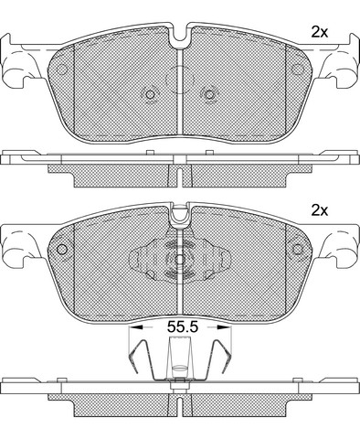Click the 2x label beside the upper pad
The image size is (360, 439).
319,32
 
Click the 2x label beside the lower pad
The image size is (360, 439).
319,210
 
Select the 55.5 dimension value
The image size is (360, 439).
183,327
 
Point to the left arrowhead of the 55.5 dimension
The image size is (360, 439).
135,327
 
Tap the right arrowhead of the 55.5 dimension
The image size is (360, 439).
225,327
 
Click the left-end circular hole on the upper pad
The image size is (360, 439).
62,70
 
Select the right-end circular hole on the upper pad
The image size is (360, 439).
297,70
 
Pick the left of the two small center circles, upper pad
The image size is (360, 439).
150,95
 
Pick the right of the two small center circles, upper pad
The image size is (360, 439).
209,95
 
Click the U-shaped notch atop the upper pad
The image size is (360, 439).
180,37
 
